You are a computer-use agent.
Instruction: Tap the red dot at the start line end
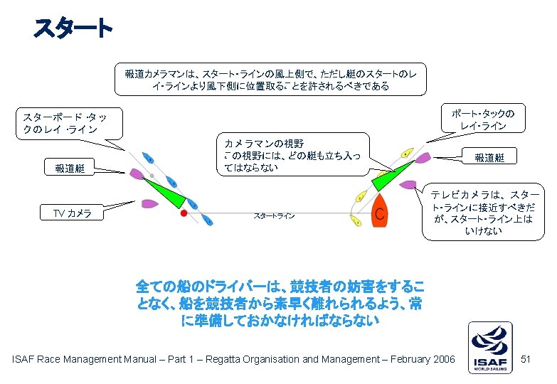184,213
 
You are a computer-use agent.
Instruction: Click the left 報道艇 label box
69,169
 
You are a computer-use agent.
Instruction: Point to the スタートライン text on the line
274,215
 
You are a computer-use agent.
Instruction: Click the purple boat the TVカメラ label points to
150,203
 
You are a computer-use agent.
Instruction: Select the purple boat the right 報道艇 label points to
423,157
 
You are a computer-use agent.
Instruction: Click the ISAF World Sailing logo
489,347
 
